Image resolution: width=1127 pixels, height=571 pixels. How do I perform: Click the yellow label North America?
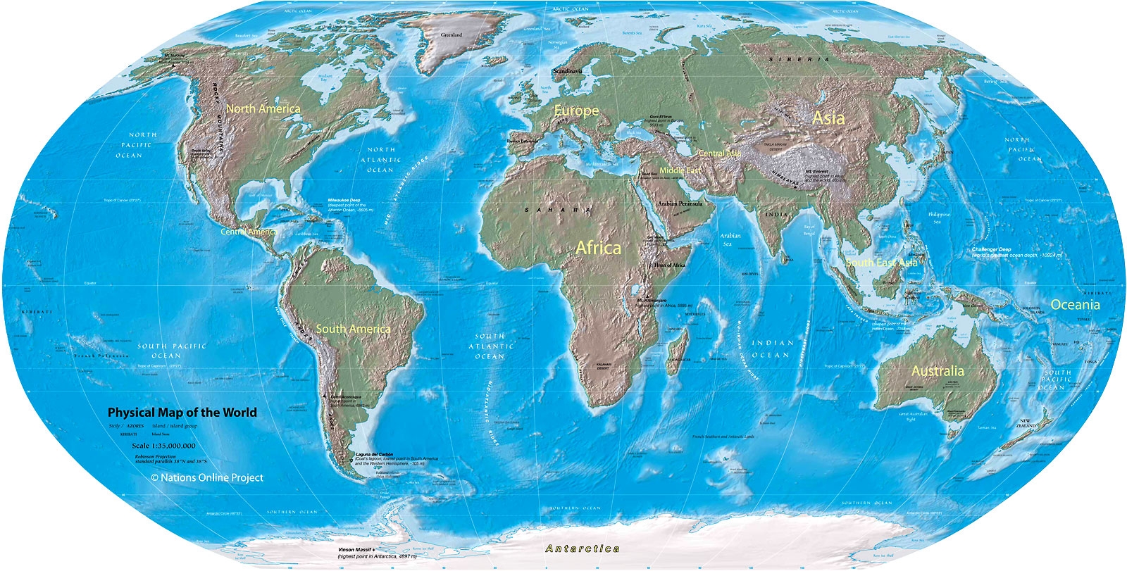click(263, 109)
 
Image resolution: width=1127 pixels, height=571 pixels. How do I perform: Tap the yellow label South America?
click(353, 329)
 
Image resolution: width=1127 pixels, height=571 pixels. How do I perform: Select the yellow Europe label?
click(576, 111)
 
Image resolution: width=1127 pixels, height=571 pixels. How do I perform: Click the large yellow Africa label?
click(599, 248)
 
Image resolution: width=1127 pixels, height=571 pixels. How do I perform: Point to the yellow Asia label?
click(828, 118)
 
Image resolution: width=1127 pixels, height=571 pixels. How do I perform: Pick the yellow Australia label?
click(938, 371)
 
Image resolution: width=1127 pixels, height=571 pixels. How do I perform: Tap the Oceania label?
click(1075, 305)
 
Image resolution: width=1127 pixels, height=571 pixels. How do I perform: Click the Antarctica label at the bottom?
click(583, 548)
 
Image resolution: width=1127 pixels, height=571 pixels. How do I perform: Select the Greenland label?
click(452, 34)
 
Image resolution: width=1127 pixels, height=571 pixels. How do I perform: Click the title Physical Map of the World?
click(182, 413)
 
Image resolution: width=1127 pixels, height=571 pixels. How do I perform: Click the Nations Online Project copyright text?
click(207, 477)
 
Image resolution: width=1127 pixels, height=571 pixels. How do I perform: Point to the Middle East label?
click(680, 170)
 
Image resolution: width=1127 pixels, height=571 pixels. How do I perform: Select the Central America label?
click(248, 231)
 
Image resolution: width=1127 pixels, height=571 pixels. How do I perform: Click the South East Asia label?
click(882, 263)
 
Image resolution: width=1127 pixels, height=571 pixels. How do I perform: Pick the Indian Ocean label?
click(773, 349)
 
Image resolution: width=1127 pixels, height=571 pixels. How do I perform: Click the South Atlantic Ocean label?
click(490, 346)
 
